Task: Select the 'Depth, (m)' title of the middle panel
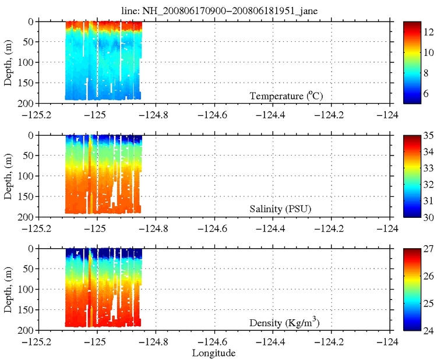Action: [8, 175]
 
